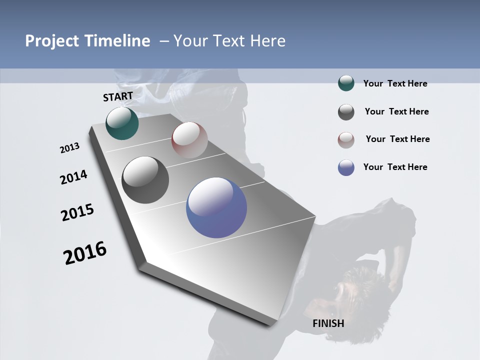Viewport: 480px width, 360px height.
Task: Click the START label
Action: [118, 96]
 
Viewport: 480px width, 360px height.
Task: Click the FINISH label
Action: [328, 323]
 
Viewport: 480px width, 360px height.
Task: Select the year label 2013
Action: [70, 148]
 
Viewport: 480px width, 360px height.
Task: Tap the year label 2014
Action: [73, 177]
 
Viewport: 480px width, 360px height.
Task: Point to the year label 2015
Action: [77, 213]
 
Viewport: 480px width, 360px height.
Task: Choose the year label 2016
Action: [85, 253]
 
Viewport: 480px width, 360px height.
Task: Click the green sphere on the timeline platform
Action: [122, 123]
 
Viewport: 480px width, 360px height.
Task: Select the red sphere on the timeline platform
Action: [189, 139]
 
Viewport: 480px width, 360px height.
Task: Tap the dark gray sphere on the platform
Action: [145, 180]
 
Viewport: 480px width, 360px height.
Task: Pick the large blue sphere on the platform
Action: [216, 207]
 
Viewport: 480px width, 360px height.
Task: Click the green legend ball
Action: [346, 83]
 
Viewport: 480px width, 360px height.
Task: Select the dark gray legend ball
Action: [346, 112]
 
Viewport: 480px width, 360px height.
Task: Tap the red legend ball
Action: [346, 140]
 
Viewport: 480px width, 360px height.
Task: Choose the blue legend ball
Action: [346, 167]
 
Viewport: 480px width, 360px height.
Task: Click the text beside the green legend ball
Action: [395, 83]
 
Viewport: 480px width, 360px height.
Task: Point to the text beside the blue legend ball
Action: [395, 167]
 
